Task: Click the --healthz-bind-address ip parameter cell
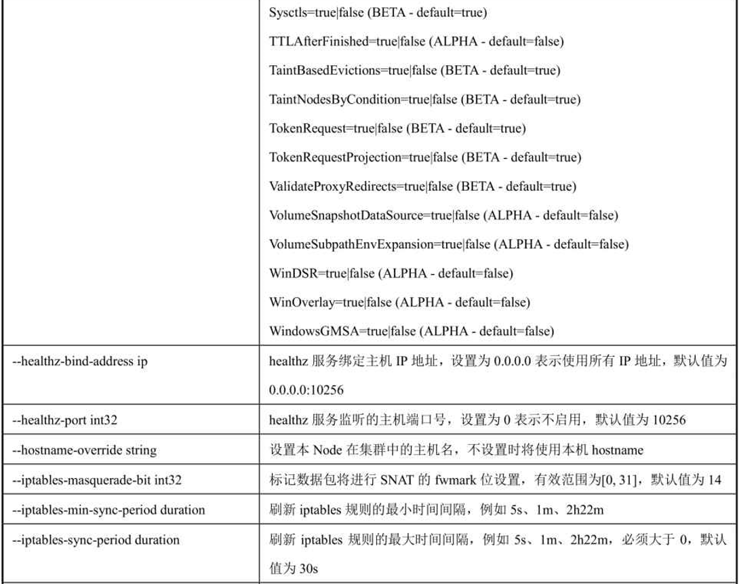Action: pos(80,362)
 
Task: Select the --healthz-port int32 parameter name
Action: pos(65,420)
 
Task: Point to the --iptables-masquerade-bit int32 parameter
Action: pos(97,480)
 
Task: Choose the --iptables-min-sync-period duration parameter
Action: pos(108,509)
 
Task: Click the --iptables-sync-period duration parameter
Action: pos(96,540)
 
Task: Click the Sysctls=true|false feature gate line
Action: pos(378,12)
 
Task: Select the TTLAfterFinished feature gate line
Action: pos(416,41)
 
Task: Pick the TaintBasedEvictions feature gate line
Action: pos(414,70)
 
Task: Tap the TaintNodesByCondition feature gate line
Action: pos(424,99)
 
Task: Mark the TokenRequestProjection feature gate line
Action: pos(424,157)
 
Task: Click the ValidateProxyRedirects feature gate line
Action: pos(422,187)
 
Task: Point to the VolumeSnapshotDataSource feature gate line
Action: pos(443,216)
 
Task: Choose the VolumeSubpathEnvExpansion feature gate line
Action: pos(448,244)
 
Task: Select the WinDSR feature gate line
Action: pos(391,273)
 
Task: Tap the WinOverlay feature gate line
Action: pos(399,302)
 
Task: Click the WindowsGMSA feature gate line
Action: pos(412,332)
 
